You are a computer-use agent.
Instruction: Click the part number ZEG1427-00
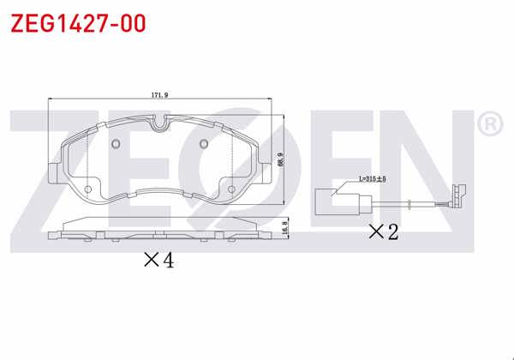click(x=77, y=22)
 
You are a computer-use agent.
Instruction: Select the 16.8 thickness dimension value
click(x=284, y=227)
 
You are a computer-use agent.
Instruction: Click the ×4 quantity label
click(x=158, y=261)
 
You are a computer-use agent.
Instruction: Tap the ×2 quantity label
click(x=383, y=231)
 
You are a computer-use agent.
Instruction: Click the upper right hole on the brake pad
click(x=204, y=143)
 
